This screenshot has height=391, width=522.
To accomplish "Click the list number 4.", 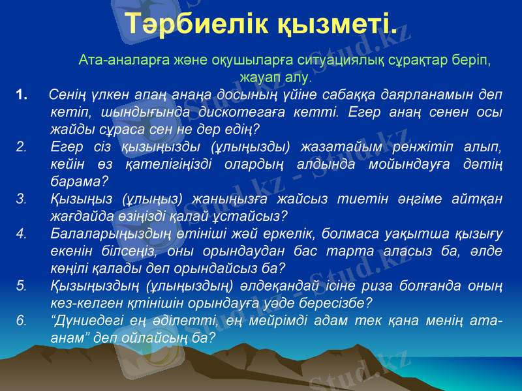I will [x=22, y=233].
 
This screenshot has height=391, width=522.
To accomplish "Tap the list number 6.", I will [x=22, y=321].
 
